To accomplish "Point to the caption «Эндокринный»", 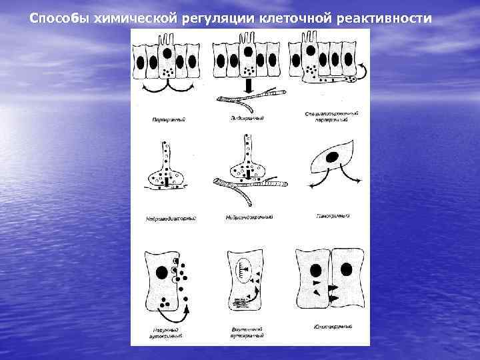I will pyautogui.click(x=247, y=119).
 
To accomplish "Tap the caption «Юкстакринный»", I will pyautogui.click(x=331, y=327).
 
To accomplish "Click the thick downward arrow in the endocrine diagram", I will pyautogui.click(x=247, y=87).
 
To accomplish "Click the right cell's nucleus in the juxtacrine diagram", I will pyautogui.click(x=346, y=269).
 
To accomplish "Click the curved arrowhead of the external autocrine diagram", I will pyautogui.click(x=187, y=309).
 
